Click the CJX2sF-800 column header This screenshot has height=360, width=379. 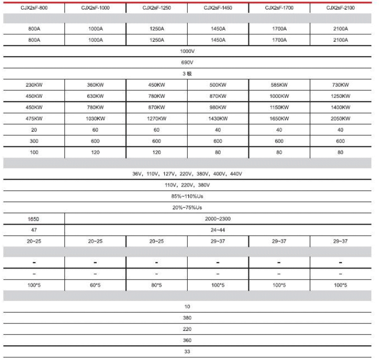pos(34,8)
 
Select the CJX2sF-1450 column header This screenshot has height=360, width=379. pos(218,8)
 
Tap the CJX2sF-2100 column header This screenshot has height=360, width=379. pos(340,8)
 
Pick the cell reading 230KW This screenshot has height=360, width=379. pos(34,85)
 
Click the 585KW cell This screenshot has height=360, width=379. pos(279,85)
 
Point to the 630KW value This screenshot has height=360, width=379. pos(95,96)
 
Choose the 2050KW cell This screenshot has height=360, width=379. pos(340,119)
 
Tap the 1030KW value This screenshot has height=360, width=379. pos(95,119)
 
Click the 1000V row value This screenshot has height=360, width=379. pos(188,52)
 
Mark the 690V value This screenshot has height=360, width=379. pos(188,62)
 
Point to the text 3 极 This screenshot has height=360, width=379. pos(188,74)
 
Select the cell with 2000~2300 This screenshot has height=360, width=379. pos(218,219)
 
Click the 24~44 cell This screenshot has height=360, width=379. pos(218,230)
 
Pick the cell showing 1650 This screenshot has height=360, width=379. pos(34,219)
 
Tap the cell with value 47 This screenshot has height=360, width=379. pos(34,230)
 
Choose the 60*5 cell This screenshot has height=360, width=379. pos(95,285)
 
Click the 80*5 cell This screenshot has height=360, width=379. pos(156,285)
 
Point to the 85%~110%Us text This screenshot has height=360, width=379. pos(188,196)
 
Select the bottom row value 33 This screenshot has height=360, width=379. pos(188,352)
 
